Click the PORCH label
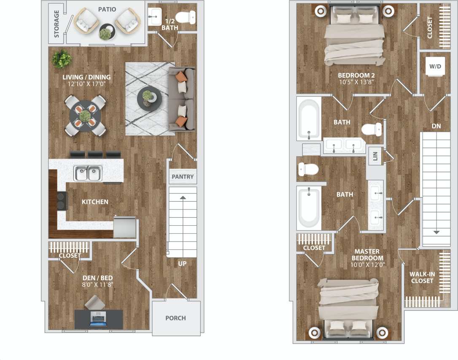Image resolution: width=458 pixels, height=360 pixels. [x=175, y=318]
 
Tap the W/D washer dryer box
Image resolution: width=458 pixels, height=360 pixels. [x=435, y=67]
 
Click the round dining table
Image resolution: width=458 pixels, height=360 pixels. [x=86, y=115]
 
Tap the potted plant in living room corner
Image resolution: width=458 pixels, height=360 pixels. [x=62, y=59]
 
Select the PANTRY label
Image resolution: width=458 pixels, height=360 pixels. [x=183, y=176]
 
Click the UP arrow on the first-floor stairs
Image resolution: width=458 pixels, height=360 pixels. [x=183, y=197]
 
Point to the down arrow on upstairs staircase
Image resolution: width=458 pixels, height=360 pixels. [x=436, y=232]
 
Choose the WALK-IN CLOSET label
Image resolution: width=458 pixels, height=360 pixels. [x=422, y=277]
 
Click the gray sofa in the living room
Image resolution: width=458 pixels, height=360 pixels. [x=183, y=99]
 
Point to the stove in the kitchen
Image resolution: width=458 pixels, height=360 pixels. [x=62, y=201]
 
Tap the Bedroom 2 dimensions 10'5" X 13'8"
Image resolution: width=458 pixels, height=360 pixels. [x=356, y=82]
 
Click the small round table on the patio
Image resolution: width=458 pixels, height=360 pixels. [x=106, y=31]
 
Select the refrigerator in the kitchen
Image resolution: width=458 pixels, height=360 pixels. [x=126, y=227]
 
